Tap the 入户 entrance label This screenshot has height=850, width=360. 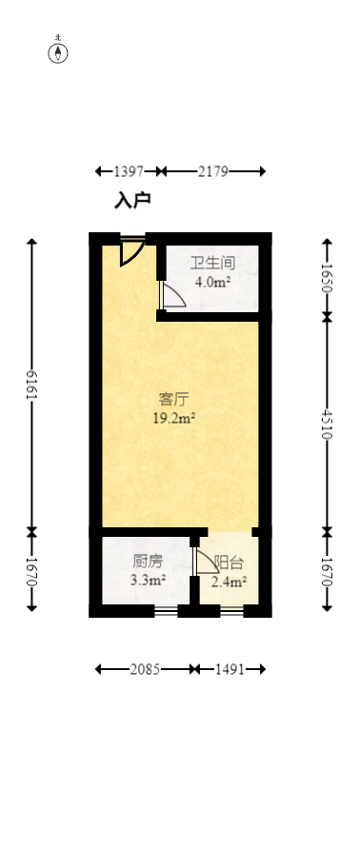[132, 200]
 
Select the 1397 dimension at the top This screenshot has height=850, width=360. [128, 171]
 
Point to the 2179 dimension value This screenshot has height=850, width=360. [211, 171]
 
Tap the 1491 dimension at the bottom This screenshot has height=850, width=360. [229, 669]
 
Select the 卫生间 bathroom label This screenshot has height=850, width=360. [212, 263]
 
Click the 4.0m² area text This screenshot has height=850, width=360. [212, 282]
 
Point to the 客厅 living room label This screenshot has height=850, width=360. [173, 398]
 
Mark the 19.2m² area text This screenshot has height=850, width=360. [173, 417]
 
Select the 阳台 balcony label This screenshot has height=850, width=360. [229, 563]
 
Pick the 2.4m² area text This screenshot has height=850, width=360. [229, 582]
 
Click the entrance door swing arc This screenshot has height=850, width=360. [132, 251]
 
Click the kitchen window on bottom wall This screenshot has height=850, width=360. [166, 610]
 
